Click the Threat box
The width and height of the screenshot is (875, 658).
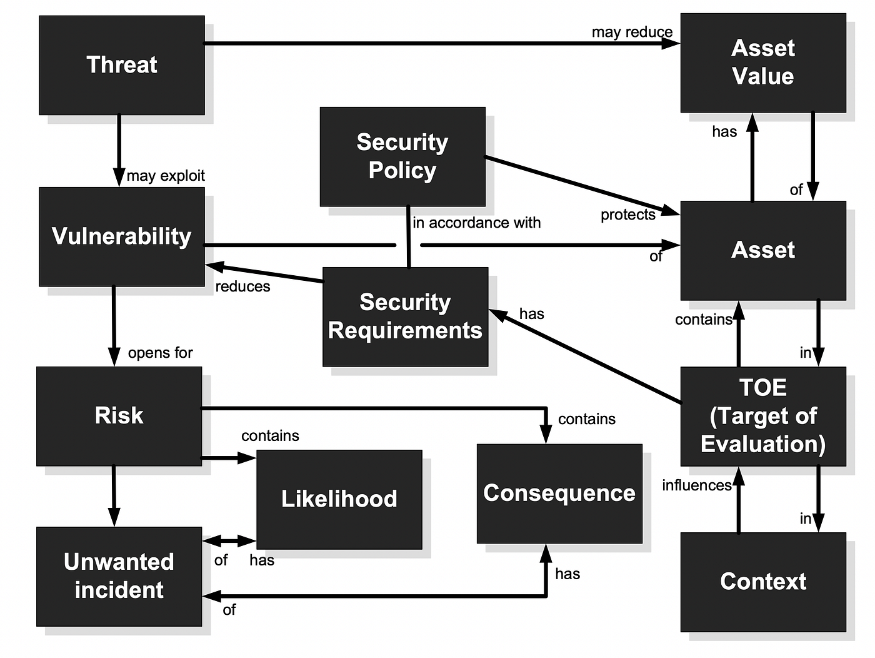[x=122, y=65]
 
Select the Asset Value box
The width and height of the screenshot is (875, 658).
[x=762, y=63]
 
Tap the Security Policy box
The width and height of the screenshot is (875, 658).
[x=402, y=156]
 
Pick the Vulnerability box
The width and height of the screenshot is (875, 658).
[x=122, y=236]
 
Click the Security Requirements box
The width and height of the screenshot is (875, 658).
[x=405, y=316]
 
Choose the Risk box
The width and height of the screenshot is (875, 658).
[x=119, y=416]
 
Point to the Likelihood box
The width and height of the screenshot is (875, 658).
[x=339, y=499]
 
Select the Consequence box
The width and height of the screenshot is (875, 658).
[x=559, y=493]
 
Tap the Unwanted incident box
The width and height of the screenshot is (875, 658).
[x=119, y=576]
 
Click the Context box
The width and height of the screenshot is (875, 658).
[x=762, y=582]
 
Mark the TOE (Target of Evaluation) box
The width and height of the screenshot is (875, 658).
[x=762, y=416]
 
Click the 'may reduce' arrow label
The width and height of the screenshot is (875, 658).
[x=632, y=32]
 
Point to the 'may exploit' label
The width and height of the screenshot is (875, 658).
[x=166, y=176]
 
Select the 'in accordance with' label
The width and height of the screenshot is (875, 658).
[x=477, y=223]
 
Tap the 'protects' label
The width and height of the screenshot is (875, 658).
[x=627, y=215]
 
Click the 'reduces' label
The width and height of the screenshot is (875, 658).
[x=242, y=287]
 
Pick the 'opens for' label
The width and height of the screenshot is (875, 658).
[x=161, y=353]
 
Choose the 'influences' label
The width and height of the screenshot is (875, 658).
[x=696, y=486]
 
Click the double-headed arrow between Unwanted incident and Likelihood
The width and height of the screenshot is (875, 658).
[x=229, y=540]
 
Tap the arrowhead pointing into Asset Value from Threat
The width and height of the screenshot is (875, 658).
[x=671, y=44]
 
